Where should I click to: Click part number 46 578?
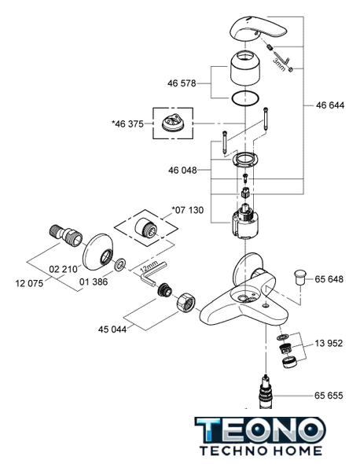182,83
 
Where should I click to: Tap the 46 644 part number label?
330,105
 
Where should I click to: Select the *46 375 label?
127,123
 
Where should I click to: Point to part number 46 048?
182,170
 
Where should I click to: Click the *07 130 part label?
188,210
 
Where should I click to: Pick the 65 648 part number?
329,279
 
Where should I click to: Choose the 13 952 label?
329,343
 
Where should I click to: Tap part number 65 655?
329,396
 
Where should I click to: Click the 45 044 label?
112,329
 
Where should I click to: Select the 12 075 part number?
29,283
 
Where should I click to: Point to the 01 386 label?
94,282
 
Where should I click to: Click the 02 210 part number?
63,269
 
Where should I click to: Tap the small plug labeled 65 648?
299,277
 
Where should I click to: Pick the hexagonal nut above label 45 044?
186,302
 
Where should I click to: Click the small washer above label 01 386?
120,265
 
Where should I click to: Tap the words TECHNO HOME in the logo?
261,451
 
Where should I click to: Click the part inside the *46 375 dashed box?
172,122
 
